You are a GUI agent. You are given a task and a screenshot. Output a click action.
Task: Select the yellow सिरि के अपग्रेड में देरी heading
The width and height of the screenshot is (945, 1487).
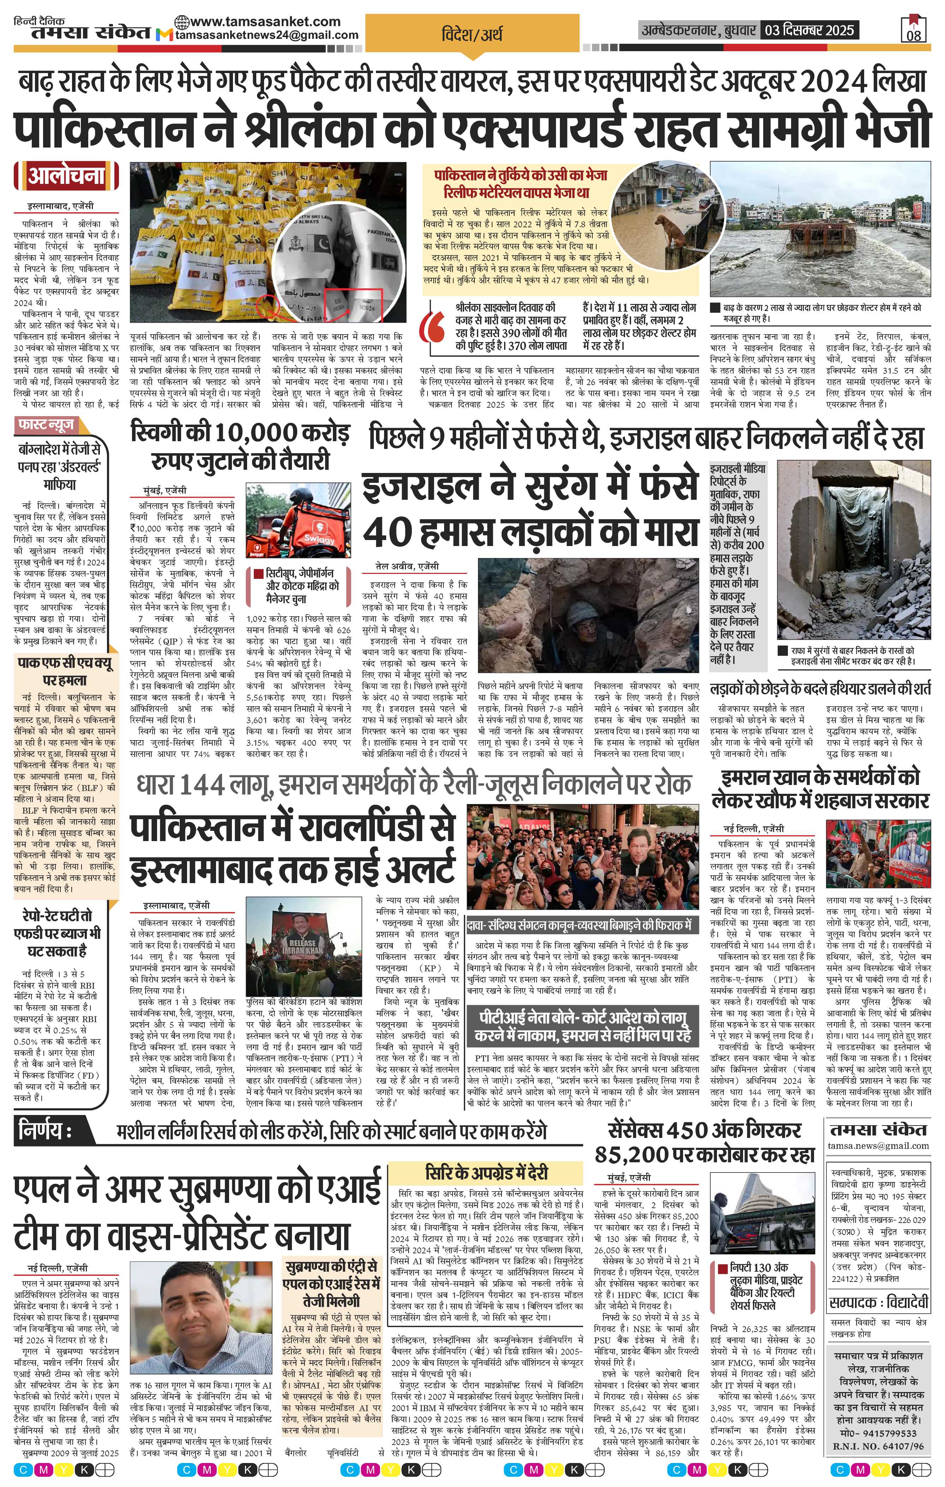pos(486,1172)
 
